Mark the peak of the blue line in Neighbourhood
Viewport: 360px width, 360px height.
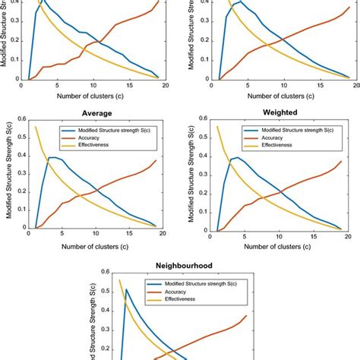coord(126,289)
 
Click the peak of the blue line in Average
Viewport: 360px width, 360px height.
coord(50,158)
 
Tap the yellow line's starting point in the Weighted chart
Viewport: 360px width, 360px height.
coord(219,126)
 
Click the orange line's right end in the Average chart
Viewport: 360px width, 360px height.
coord(156,160)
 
